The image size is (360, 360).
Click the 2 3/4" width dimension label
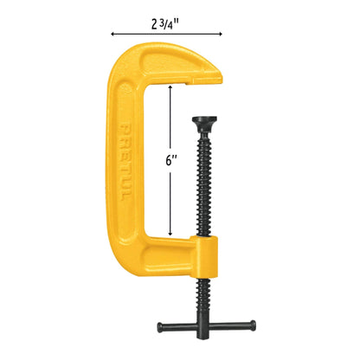(x=164, y=25)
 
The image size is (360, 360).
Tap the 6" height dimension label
(x=170, y=160)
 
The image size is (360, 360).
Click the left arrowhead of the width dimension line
(x=112, y=34)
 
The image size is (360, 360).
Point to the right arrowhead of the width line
(x=220, y=34)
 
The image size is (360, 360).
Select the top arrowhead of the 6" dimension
(x=170, y=87)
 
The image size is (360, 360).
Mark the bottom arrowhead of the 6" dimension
(x=170, y=233)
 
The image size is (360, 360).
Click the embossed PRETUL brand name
(x=125, y=162)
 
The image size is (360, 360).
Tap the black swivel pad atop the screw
(x=204, y=123)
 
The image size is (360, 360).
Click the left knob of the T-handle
(x=160, y=326)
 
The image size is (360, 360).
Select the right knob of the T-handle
(x=253, y=325)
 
